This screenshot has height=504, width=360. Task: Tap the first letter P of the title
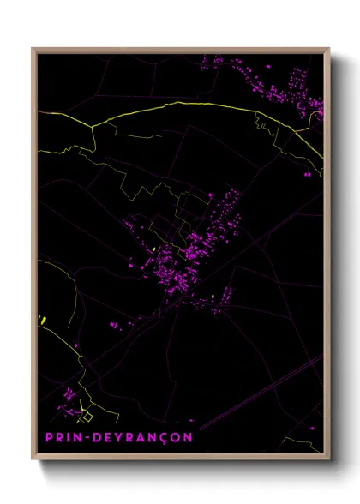(x=49, y=436)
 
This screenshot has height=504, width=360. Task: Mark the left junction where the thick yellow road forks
(x=92, y=126)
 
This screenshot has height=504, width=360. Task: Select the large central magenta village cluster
(x=193, y=253)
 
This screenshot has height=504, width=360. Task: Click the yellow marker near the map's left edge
(x=42, y=320)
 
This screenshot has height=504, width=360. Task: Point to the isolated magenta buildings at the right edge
(x=308, y=174)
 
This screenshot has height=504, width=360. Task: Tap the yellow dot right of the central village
(x=213, y=297)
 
